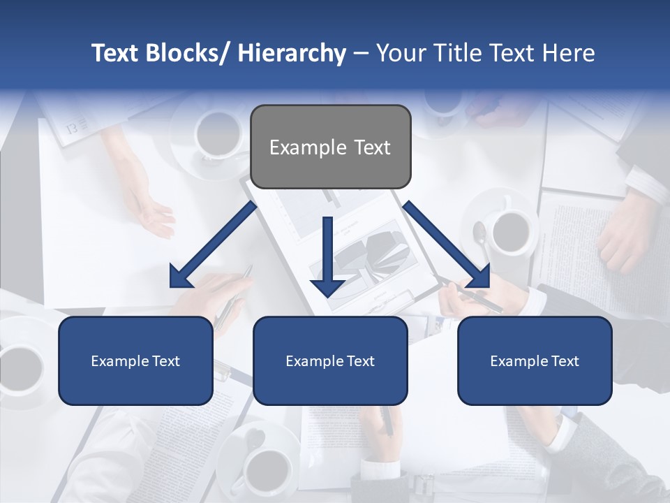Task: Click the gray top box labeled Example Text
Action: coord(330,147)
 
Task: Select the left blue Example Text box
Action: coord(135,360)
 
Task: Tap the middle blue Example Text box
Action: coord(330,360)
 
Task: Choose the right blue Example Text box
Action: coord(535,360)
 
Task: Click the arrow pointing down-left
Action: coord(213,245)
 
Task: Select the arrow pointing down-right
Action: coord(447,245)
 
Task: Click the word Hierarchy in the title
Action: coord(292,53)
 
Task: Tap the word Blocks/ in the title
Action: coord(186,53)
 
